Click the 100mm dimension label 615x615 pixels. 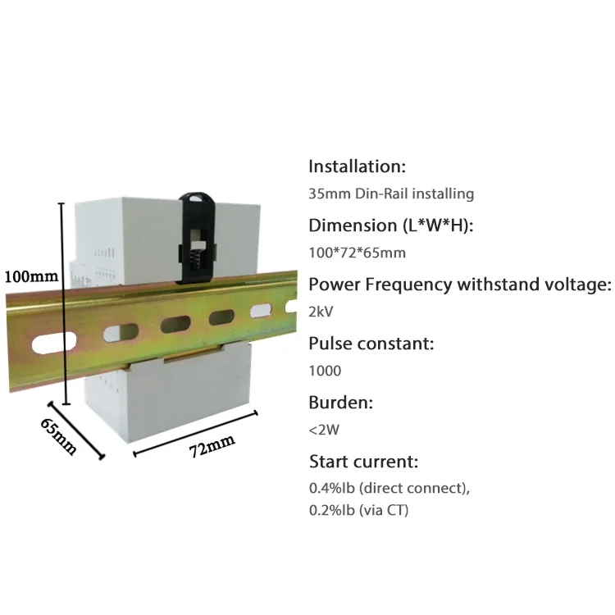point(30,276)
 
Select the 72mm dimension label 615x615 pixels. point(211,447)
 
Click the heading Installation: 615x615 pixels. point(357,166)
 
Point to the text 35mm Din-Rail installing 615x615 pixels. point(391,194)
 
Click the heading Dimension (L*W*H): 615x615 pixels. point(391,225)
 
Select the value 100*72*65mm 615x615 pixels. point(357,253)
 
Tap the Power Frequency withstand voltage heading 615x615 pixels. point(460,285)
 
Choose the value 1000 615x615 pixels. point(325,371)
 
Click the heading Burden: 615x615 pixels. point(340,403)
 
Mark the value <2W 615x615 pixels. point(322,430)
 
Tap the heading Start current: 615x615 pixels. point(363,461)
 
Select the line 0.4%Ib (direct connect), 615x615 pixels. point(389,488)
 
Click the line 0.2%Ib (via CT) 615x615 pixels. point(358,510)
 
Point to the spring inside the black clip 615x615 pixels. point(194,253)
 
